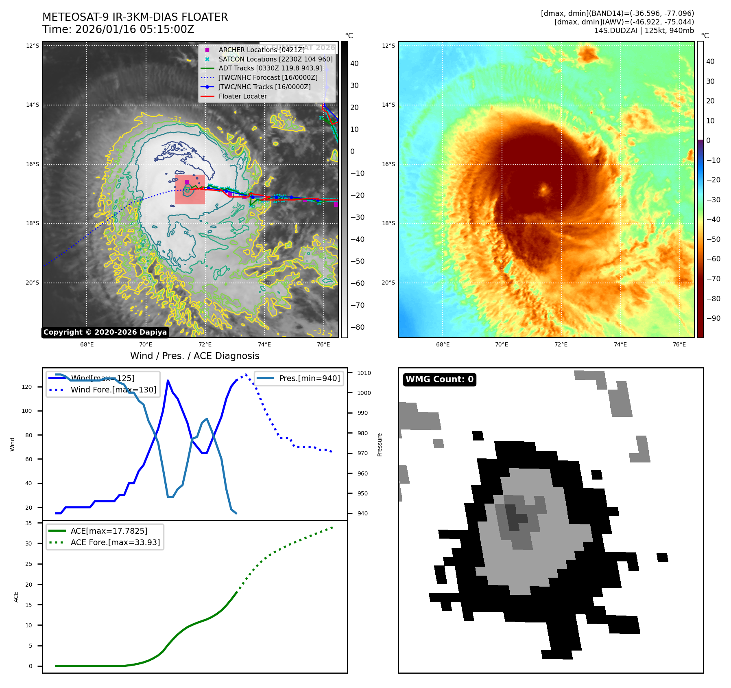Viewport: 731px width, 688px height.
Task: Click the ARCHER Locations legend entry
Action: (x=261, y=50)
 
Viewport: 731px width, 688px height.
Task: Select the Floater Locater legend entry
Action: (x=242, y=96)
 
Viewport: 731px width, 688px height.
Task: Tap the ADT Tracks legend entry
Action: (x=270, y=68)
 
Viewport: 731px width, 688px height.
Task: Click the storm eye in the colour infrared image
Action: (x=544, y=190)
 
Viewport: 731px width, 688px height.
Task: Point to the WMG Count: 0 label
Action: (x=439, y=379)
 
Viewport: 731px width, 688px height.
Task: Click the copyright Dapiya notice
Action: (x=105, y=332)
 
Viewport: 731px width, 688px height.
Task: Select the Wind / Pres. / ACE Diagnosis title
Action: (x=194, y=356)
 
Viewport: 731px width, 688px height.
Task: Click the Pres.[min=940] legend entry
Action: (x=309, y=378)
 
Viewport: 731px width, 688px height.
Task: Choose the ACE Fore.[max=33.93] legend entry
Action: (x=115, y=542)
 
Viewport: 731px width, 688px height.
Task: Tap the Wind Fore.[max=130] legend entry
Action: (x=113, y=390)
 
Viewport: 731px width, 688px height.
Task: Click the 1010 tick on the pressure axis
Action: (x=364, y=373)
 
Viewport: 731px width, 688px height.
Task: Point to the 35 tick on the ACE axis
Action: (x=28, y=523)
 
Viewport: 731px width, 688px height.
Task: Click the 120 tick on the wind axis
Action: (x=27, y=387)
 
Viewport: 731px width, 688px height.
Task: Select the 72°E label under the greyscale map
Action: (x=205, y=344)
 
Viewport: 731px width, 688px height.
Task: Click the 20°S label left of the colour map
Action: (x=388, y=283)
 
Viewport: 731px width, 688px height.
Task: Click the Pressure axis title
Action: (x=380, y=445)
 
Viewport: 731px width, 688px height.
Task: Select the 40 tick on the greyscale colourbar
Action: (x=354, y=64)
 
